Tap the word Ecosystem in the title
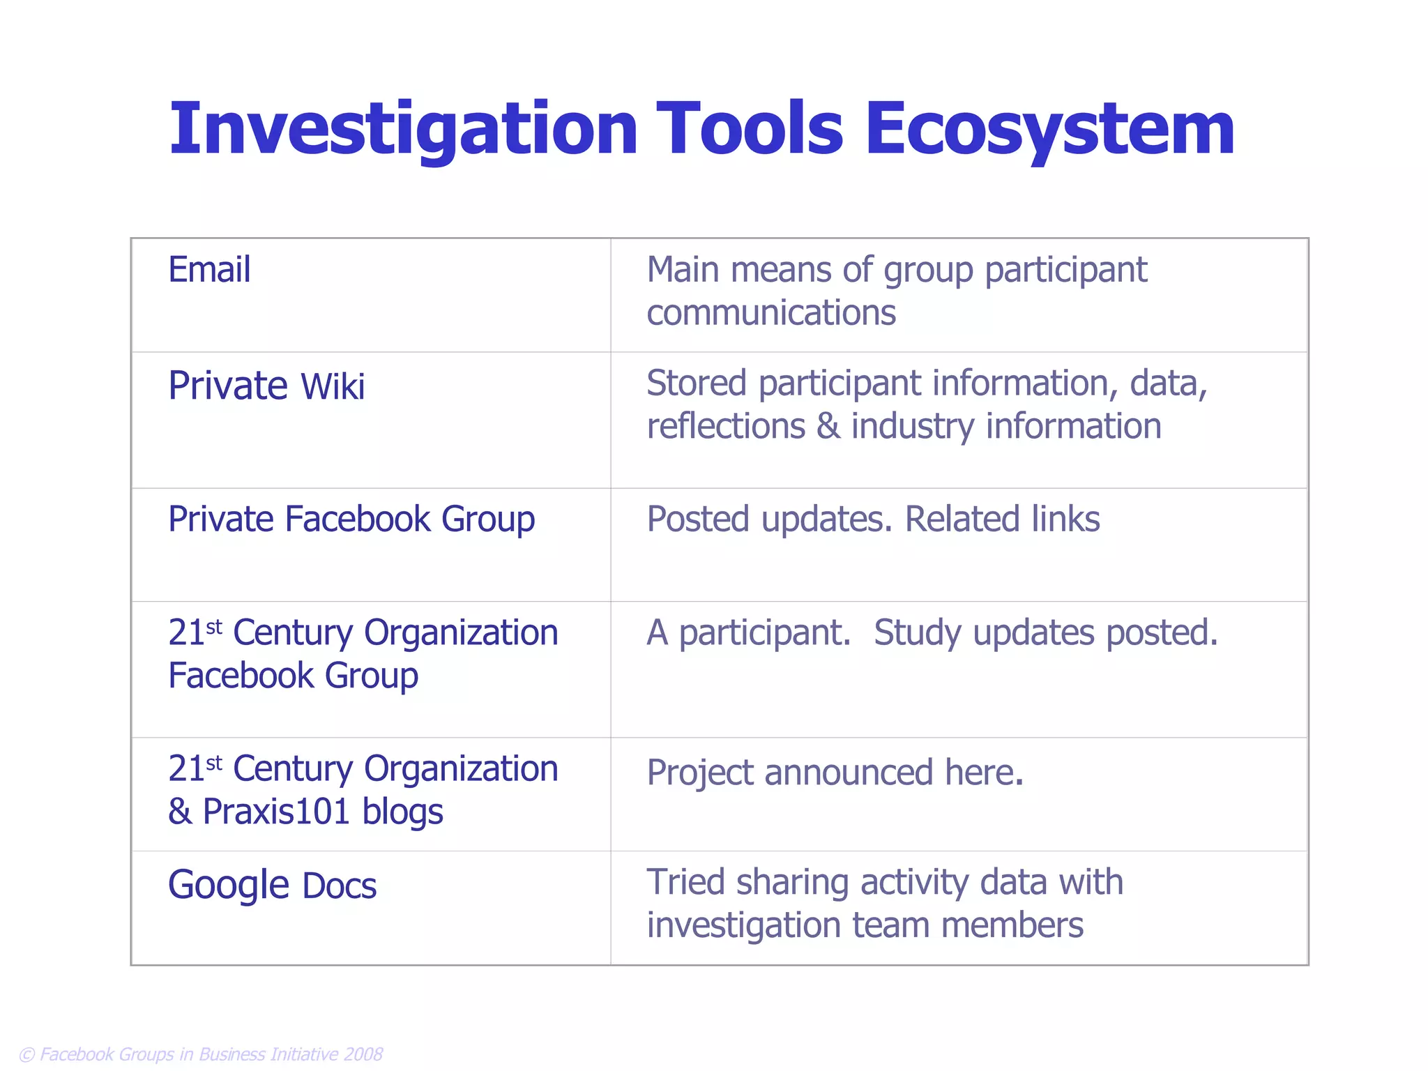click(x=1049, y=129)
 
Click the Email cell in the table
click(x=209, y=270)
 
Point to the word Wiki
click(x=332, y=387)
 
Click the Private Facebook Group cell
click(x=351, y=519)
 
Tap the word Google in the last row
click(x=228, y=886)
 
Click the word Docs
click(x=340, y=887)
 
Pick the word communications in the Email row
click(x=770, y=313)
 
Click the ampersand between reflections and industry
click(x=828, y=427)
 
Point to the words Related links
click(x=1002, y=519)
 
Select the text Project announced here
click(x=835, y=773)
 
